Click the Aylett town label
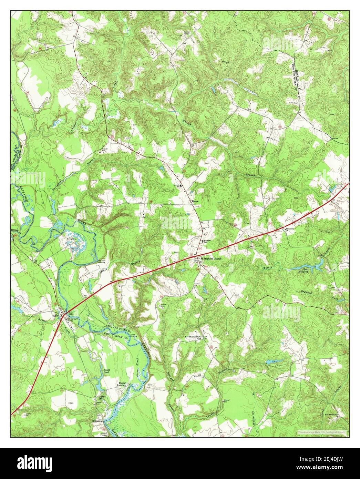[x=56, y=315]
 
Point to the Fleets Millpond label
[x=303, y=271]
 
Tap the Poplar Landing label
[x=123, y=385]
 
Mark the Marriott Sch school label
[x=206, y=242]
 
